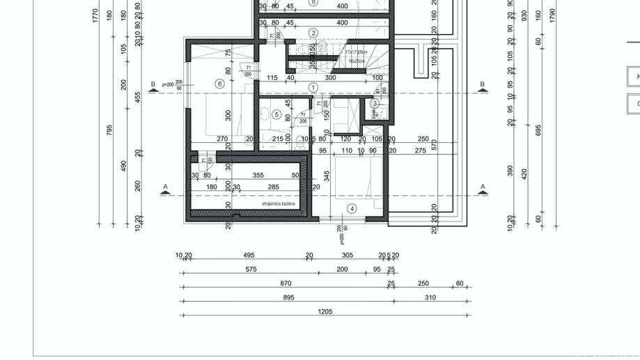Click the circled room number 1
pyautogui.click(x=313, y=88)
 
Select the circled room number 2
pyautogui.click(x=313, y=33)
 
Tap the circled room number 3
pyautogui.click(x=375, y=104)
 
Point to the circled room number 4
pyautogui.click(x=352, y=209)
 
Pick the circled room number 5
pyautogui.click(x=276, y=115)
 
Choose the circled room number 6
pyautogui.click(x=220, y=84)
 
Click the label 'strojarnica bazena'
pyautogui.click(x=278, y=204)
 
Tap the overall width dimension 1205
pyautogui.click(x=325, y=311)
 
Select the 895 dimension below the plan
pyautogui.click(x=288, y=297)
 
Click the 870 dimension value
pyautogui.click(x=286, y=283)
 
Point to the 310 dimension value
pyautogui.click(x=430, y=297)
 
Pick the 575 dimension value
pyautogui.click(x=251, y=269)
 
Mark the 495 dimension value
pyautogui.click(x=249, y=255)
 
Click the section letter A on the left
pyautogui.click(x=165, y=187)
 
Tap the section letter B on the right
pyautogui.click(x=482, y=84)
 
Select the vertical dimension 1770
pyautogui.click(x=95, y=15)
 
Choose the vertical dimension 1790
pyautogui.click(x=553, y=15)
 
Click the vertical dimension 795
pyautogui.click(x=109, y=130)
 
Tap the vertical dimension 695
pyautogui.click(x=538, y=130)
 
